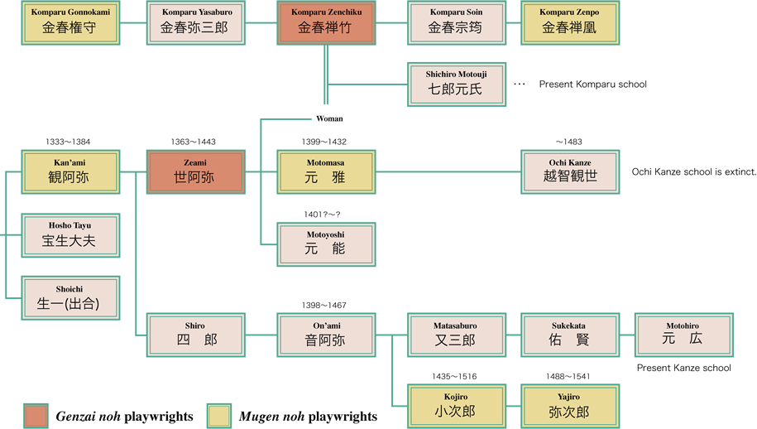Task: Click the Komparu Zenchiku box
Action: pos(326,22)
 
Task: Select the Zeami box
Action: pos(195,171)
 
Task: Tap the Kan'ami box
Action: pos(70,171)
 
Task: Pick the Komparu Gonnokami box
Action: pos(70,22)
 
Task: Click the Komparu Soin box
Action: pos(456,22)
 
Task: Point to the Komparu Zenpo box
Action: pos(570,22)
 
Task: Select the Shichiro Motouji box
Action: pos(456,84)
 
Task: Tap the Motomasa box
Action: pos(326,171)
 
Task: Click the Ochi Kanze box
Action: pos(570,171)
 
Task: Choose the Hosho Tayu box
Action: pos(70,235)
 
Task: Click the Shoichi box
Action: pos(70,298)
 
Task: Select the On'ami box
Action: pos(326,335)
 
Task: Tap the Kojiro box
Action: pos(456,405)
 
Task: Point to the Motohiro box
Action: pos(683,335)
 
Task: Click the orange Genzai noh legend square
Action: pos(36,416)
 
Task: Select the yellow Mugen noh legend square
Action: pos(219,416)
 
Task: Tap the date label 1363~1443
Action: pos(194,142)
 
